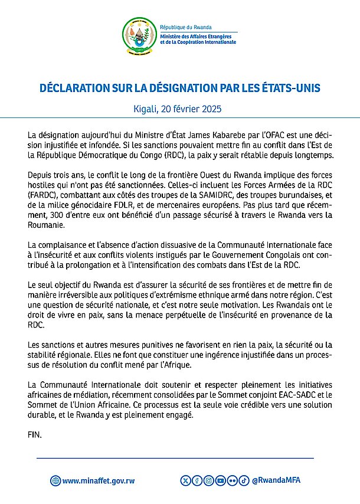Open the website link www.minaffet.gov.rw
(x=99, y=481)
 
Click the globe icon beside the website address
(x=55, y=481)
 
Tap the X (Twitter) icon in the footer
(x=188, y=480)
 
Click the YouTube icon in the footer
(x=220, y=480)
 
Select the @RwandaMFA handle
(x=276, y=480)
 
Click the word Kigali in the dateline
(x=150, y=109)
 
